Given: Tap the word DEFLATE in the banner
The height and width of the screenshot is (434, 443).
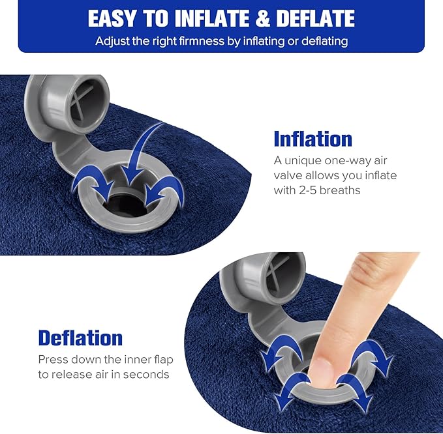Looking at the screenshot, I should (315, 19).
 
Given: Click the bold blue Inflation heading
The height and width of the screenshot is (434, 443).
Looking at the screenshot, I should (313, 139).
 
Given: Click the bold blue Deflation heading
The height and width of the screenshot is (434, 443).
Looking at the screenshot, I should (80, 338).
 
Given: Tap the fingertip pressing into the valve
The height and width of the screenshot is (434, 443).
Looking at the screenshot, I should (325, 371).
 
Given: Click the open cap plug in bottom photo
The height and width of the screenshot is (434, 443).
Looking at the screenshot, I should (256, 277).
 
